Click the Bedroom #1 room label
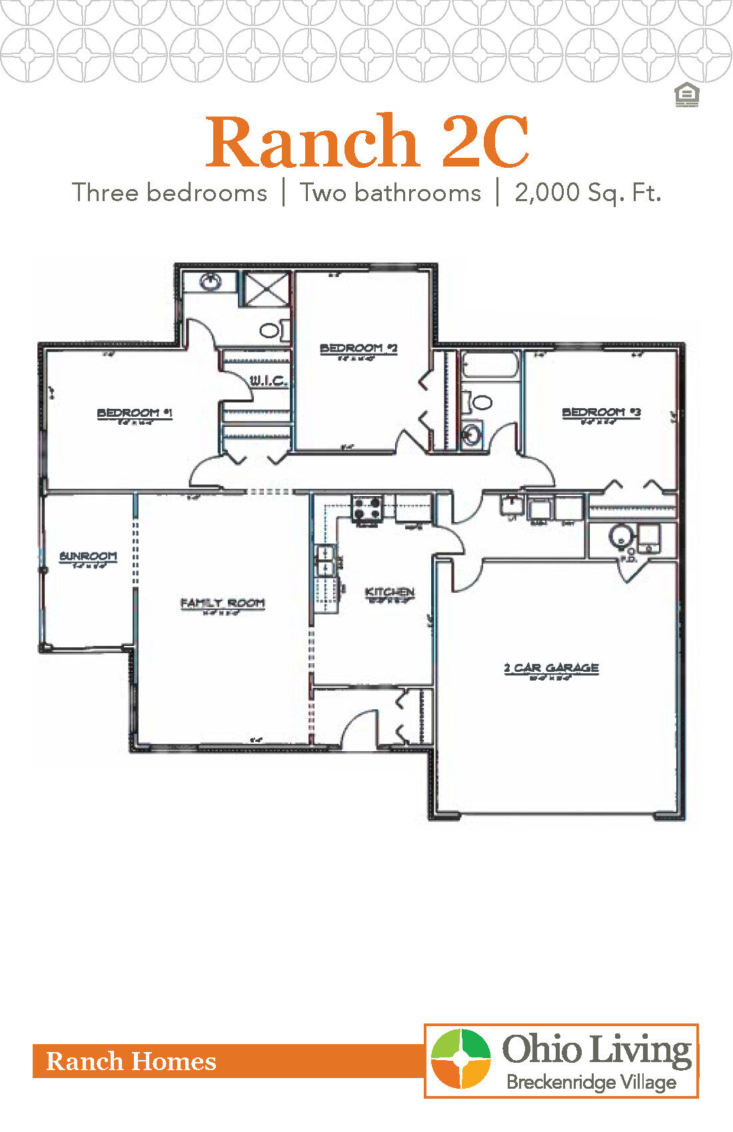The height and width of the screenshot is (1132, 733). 135,414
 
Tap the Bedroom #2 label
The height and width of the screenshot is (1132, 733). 359,348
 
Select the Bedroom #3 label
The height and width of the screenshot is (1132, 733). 601,413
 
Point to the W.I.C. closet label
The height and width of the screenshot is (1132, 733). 269,381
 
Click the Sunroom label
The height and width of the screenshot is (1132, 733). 88,556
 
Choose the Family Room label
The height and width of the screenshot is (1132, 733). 223,603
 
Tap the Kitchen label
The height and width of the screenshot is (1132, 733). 390,592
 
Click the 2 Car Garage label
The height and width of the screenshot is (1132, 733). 551,668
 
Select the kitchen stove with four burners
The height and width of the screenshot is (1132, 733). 367,509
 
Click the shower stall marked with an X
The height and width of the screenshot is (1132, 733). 266,289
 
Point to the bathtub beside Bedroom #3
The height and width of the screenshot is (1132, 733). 490,366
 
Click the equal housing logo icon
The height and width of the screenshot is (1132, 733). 686,95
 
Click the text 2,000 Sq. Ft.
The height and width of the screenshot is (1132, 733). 588,192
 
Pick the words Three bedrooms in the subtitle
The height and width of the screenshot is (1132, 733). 170,192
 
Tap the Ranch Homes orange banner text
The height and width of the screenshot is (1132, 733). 131,1061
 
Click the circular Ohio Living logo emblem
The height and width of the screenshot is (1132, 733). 460,1059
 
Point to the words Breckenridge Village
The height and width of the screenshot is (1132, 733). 591,1082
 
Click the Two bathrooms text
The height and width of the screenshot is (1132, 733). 390,192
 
